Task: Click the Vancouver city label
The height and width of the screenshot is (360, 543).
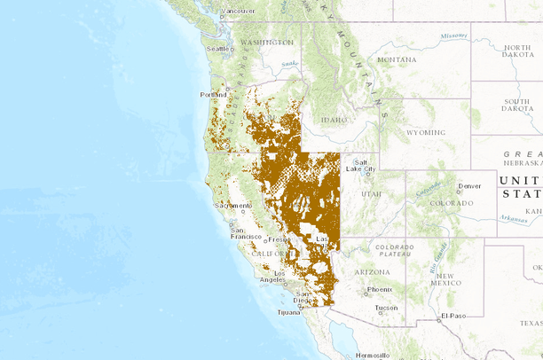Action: pyautogui.click(x=237, y=11)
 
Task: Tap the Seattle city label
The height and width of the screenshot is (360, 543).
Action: pyautogui.click(x=217, y=49)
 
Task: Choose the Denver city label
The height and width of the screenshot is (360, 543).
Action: pyautogui.click(x=469, y=186)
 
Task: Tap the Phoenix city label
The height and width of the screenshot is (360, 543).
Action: pyautogui.click(x=380, y=289)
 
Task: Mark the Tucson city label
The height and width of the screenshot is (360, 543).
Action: pyautogui.click(x=387, y=309)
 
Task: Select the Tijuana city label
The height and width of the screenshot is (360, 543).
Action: pyautogui.click(x=289, y=313)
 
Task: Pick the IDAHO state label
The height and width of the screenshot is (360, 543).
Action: pyautogui.click(x=334, y=119)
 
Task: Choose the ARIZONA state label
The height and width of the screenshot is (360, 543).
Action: pyautogui.click(x=373, y=272)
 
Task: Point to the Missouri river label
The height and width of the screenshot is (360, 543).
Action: pyautogui.click(x=453, y=35)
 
